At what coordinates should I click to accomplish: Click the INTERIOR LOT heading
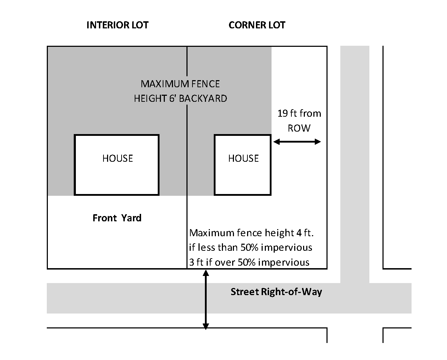pos(117,25)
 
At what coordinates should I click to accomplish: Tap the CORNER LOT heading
pos(257,25)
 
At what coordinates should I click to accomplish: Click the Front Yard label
pos(117,218)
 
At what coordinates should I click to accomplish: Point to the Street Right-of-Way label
pos(276,292)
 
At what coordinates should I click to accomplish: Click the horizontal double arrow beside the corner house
pos(297,142)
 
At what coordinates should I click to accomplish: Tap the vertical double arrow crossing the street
pos(206,300)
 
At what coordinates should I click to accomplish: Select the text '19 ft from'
pos(299,113)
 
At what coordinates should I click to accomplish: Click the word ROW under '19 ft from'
pos(299,128)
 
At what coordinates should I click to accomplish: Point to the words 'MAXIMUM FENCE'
pos(180,84)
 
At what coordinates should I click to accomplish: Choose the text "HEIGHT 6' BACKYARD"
pos(180,98)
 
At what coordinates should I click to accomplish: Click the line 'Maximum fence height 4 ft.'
pos(252,233)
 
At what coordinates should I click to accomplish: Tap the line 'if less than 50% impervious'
pos(251,247)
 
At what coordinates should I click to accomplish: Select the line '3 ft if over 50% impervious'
pos(249,262)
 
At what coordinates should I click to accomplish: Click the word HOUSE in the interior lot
pos(117,158)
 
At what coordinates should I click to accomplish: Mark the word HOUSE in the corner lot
pos(243,158)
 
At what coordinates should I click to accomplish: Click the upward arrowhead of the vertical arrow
pos(206,273)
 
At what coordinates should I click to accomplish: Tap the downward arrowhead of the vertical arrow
pos(206,326)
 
